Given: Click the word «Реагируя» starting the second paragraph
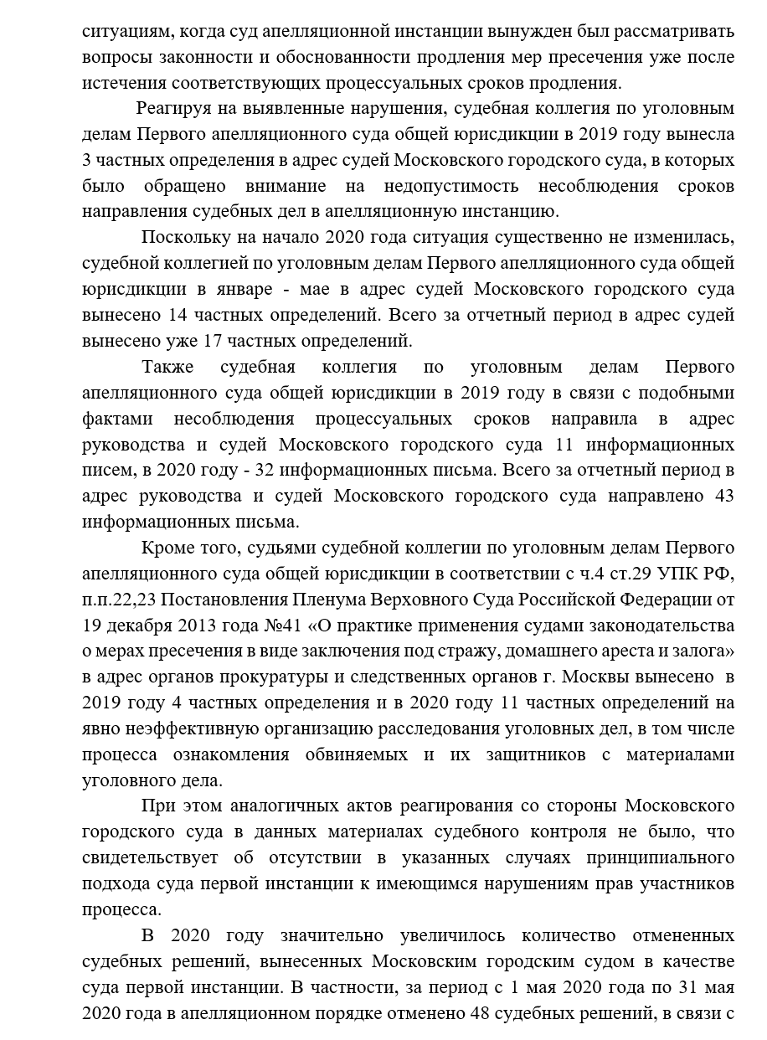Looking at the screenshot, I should click(x=175, y=108).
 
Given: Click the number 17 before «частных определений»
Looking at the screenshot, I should click(x=214, y=342).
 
